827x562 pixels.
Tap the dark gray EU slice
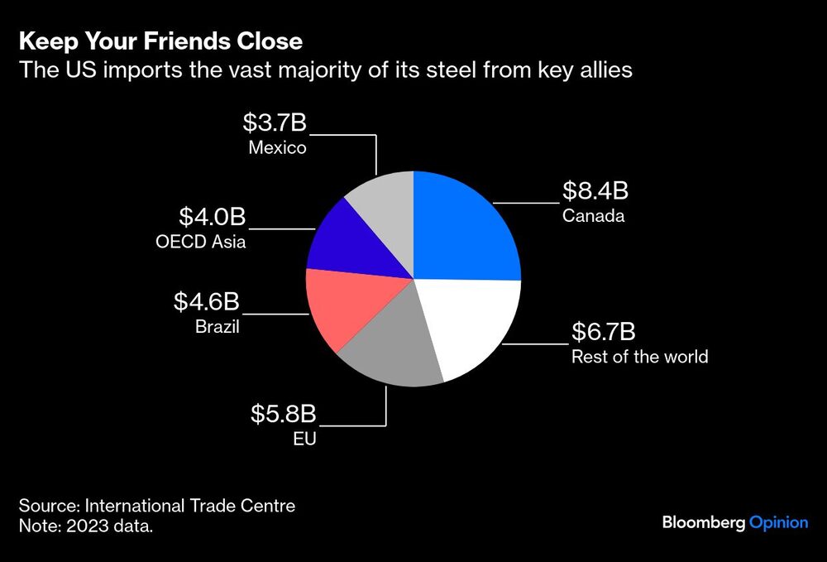point(389,348)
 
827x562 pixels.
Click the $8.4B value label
point(595,191)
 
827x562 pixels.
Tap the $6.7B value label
point(604,332)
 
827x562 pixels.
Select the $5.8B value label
point(284,414)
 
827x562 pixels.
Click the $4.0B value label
point(213,218)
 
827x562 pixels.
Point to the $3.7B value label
point(275,123)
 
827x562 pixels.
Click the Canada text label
point(593,217)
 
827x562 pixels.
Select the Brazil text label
point(217,327)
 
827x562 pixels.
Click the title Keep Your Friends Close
point(160,41)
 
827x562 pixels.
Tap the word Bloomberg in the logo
point(703,522)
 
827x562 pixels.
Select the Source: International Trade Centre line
point(157,505)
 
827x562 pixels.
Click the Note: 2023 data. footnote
point(86,526)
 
